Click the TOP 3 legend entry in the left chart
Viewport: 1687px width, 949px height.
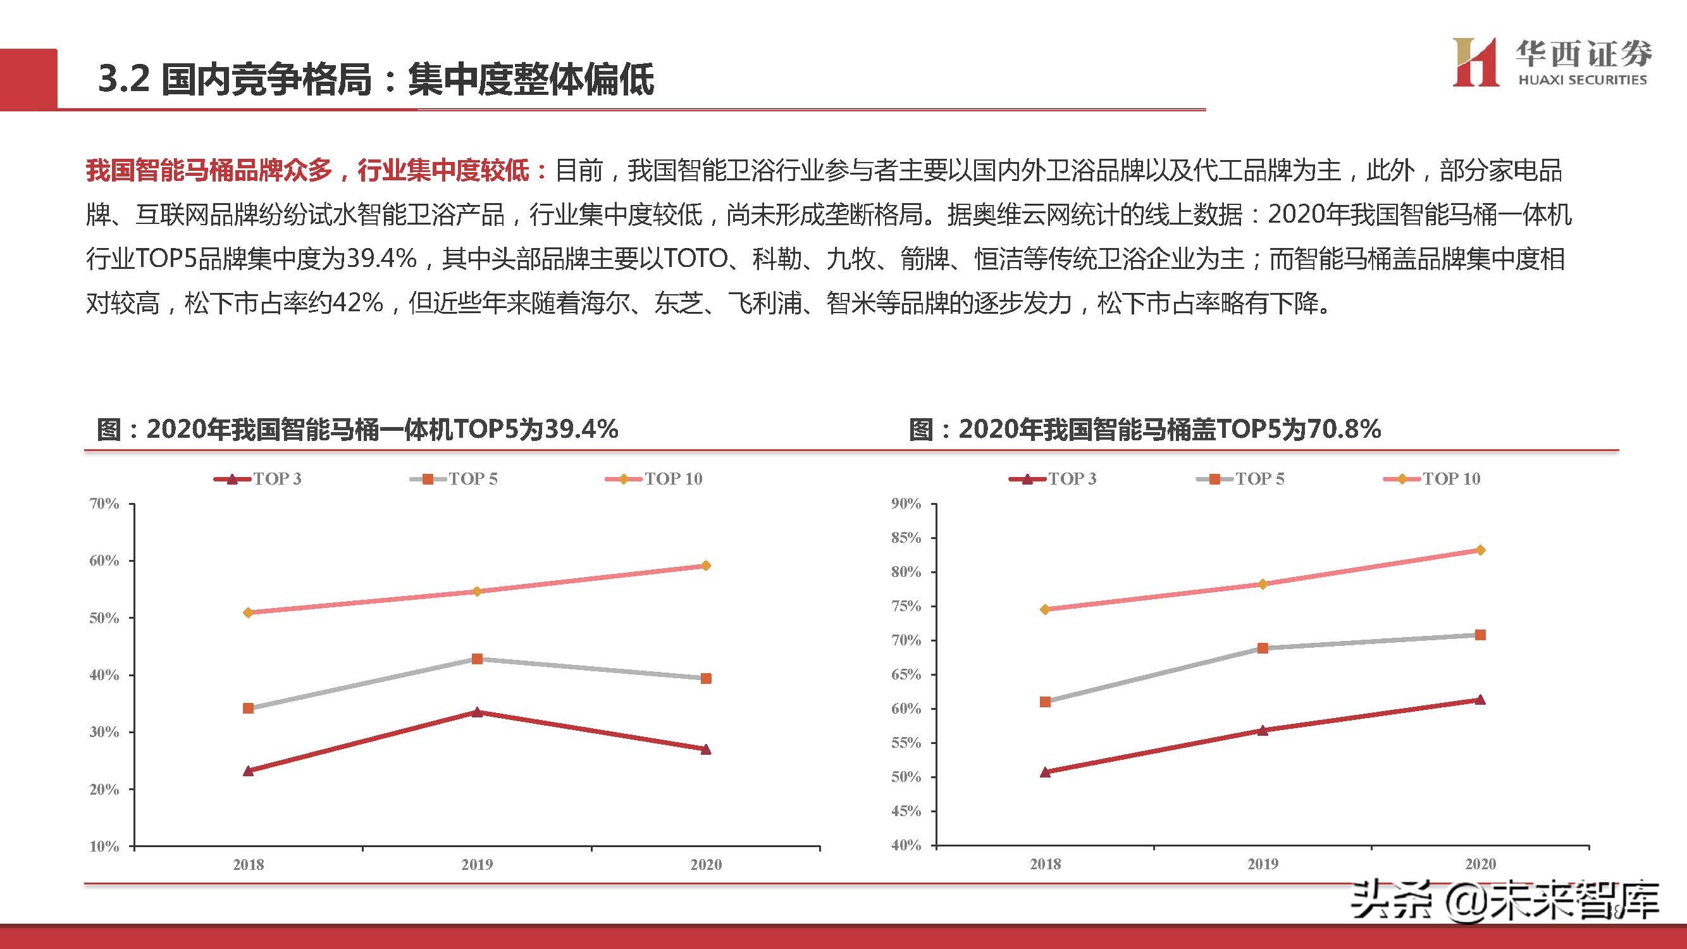(x=258, y=479)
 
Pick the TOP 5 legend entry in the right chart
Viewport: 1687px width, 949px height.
(x=1241, y=479)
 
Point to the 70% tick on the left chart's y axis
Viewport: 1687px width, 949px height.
(x=104, y=504)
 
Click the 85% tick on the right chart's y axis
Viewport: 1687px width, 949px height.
(x=906, y=538)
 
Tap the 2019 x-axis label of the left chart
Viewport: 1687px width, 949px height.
(x=477, y=864)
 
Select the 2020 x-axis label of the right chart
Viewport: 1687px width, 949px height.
(x=1480, y=864)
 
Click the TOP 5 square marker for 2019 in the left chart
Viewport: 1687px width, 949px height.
(x=478, y=659)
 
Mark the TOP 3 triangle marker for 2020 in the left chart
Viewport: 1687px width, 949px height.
(x=706, y=749)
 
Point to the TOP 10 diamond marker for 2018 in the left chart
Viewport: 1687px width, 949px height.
(x=248, y=613)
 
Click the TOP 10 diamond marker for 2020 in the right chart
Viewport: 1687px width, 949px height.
(x=1480, y=550)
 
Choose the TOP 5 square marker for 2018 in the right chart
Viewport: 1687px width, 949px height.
(x=1045, y=702)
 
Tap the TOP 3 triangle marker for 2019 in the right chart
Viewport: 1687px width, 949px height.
(x=1263, y=730)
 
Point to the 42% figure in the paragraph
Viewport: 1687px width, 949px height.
(x=357, y=302)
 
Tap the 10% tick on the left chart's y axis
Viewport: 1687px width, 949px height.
(x=104, y=846)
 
